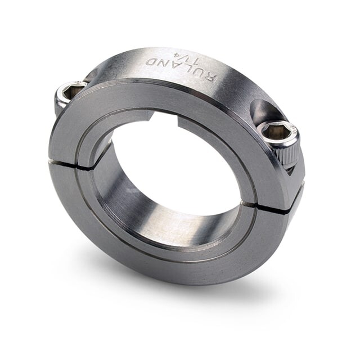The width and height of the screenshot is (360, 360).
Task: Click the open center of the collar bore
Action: click(x=180, y=163)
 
